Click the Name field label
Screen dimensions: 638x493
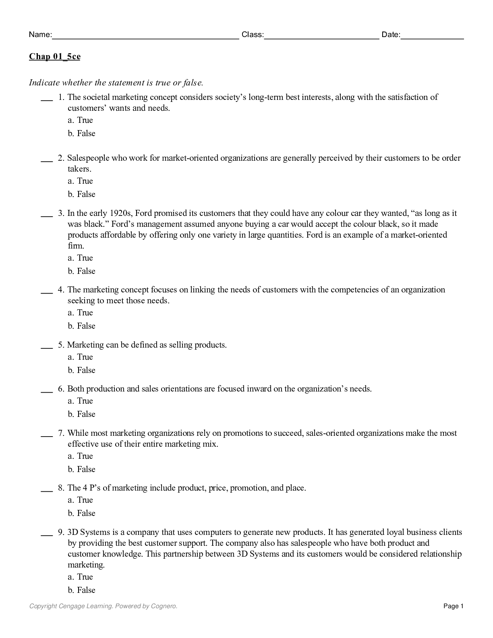click(x=40, y=35)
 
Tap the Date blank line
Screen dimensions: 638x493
click(x=432, y=37)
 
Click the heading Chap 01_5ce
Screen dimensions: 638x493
click(x=54, y=56)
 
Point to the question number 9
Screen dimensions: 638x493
click(x=61, y=532)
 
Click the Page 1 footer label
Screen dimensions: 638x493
click(x=454, y=606)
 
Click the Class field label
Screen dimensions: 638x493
click(x=252, y=35)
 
